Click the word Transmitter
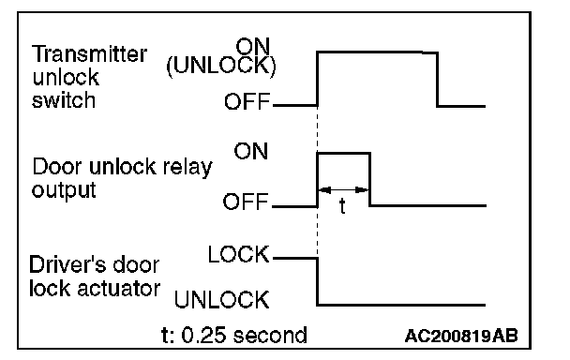point(89,54)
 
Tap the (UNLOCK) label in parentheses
point(221,66)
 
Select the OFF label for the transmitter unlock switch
point(247,101)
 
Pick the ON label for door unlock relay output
point(251,151)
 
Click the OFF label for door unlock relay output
point(247,202)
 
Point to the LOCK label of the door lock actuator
point(238,254)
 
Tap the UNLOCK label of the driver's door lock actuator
point(222,300)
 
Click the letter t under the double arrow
point(342,206)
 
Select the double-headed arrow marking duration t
point(343,189)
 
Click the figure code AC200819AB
point(461,336)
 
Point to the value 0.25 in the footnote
point(203,336)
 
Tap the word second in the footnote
point(270,336)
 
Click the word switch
point(64,100)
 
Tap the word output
point(64,190)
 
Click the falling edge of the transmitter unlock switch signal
point(437,80)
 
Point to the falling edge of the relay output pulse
point(369,180)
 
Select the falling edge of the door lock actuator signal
point(318,281)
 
